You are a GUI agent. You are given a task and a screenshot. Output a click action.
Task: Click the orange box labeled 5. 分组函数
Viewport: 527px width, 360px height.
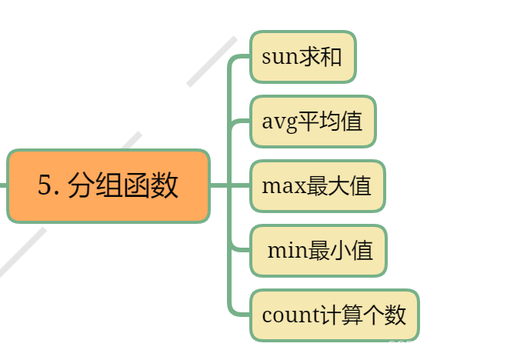pos(108,186)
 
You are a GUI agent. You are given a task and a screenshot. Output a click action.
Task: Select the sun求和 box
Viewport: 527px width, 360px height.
pos(302,57)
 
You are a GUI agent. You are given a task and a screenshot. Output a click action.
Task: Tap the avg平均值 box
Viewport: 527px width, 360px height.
pos(312,122)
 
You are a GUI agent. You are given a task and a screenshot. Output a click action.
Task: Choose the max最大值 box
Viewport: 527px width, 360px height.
pos(317,186)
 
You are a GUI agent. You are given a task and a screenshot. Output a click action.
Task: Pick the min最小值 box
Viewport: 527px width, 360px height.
pos(319,250)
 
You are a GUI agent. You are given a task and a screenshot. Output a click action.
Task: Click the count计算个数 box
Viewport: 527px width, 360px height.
pos(334,315)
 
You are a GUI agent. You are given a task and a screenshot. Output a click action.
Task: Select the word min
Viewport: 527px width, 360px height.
pos(287,250)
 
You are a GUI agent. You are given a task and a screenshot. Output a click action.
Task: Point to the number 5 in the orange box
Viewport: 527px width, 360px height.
pos(45,186)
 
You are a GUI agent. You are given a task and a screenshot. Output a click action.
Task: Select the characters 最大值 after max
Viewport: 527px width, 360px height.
pos(339,186)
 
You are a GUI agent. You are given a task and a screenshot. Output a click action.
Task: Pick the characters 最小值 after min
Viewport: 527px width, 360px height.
pos(341,250)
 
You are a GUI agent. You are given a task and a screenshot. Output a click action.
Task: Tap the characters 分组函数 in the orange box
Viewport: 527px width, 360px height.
pos(123,186)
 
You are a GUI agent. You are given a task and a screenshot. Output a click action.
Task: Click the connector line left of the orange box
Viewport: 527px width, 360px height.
pos(3,185)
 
